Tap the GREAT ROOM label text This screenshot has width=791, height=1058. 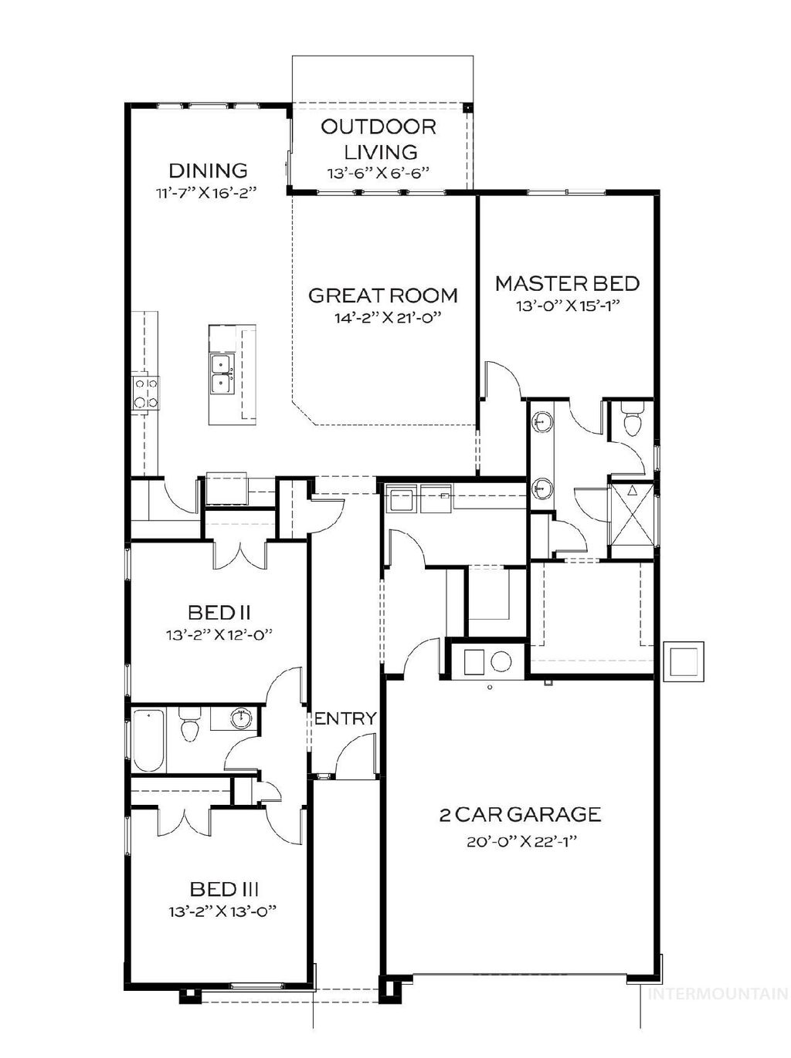tap(383, 295)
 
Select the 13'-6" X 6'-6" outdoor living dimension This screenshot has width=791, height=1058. tap(378, 174)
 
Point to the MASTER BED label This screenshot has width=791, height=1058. tap(567, 283)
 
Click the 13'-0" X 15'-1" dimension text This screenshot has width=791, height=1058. tap(568, 306)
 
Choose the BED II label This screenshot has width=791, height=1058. tap(219, 613)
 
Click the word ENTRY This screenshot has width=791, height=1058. tap(345, 718)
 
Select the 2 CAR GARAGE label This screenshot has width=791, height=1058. tap(520, 814)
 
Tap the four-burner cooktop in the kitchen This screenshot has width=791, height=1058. tap(145, 391)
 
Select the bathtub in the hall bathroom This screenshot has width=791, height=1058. tap(148, 740)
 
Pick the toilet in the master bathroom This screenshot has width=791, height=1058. tap(631, 423)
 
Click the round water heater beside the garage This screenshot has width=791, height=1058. tap(501, 661)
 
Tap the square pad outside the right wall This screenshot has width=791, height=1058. tap(684, 661)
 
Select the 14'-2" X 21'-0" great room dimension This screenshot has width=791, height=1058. tap(383, 317)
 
